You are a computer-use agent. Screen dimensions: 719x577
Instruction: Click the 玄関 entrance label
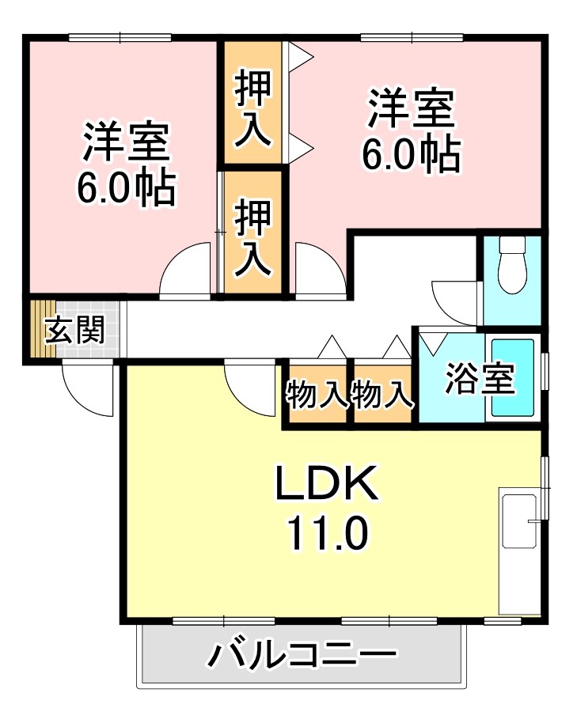75,331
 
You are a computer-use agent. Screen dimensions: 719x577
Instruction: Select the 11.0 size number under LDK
326,535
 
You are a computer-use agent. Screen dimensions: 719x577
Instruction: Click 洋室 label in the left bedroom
126,141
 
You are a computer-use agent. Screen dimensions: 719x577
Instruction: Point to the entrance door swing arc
87,392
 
